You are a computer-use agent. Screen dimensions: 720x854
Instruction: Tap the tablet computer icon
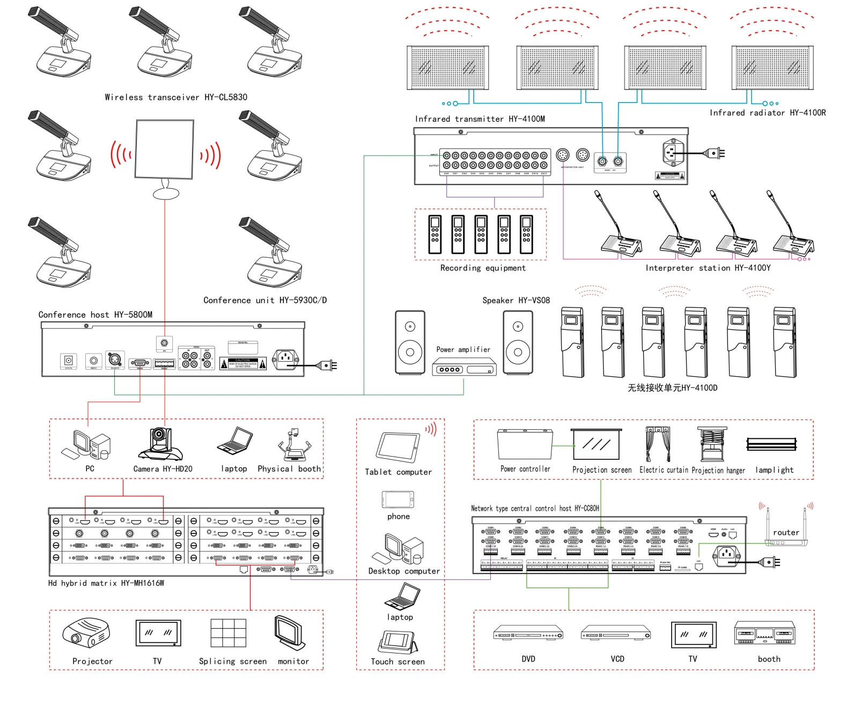click(x=398, y=446)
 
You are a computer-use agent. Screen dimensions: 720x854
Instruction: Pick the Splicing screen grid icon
click(x=229, y=633)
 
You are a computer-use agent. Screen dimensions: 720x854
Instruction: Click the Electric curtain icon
click(x=658, y=444)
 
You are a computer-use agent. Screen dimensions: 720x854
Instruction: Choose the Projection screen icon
click(x=596, y=444)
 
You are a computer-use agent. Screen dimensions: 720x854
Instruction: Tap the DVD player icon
click(x=528, y=633)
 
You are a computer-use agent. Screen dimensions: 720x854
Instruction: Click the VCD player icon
click(x=616, y=633)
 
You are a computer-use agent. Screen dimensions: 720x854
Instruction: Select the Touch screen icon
click(x=398, y=641)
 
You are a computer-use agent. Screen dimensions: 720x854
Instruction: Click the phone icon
click(x=398, y=499)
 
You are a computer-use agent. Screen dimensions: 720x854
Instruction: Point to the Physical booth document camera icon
click(x=293, y=445)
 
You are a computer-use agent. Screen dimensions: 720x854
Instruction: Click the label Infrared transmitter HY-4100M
click(x=480, y=119)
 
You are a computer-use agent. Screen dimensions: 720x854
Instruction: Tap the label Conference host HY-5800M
click(x=95, y=315)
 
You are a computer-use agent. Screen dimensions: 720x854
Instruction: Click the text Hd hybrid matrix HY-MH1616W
click(x=106, y=583)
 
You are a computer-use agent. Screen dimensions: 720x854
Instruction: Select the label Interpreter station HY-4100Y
click(x=708, y=268)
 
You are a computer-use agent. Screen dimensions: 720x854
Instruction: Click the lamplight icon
click(x=771, y=444)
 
